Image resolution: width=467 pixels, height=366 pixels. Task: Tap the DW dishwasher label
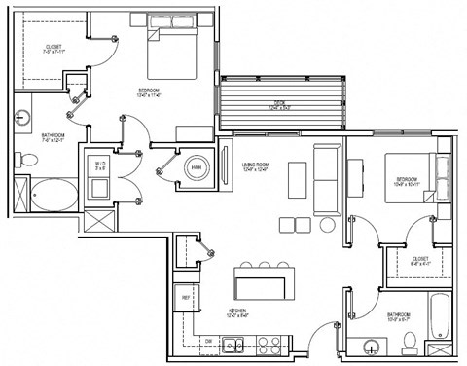208,341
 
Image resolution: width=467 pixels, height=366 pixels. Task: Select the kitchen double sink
233,342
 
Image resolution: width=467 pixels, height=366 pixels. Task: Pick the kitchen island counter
262,285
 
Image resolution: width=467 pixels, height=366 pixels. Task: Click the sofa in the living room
326,179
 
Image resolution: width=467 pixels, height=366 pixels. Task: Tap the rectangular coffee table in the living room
297,181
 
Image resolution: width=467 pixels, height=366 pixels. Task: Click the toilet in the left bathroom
22,160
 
